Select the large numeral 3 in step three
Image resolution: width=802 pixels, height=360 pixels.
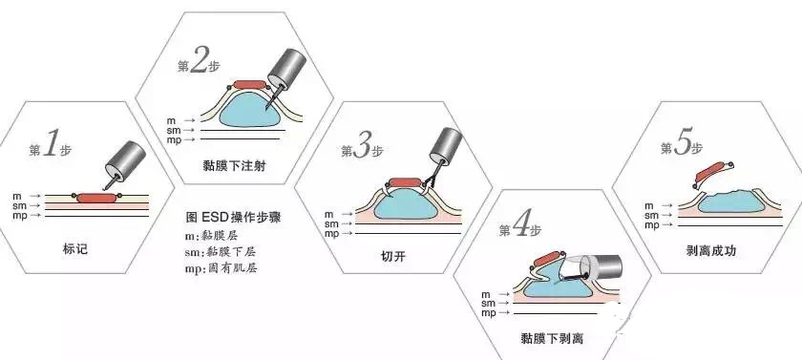pos(362,147)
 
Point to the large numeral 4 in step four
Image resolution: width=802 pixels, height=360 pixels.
pos(520,227)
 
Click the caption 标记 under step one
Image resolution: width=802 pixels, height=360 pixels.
pos(75,249)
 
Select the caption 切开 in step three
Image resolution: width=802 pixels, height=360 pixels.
pos(393,256)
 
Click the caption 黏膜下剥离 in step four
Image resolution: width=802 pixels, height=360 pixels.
pos(552,338)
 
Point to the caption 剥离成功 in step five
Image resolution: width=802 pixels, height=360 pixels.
pos(711,250)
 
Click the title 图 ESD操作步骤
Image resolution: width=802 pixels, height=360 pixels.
pos(233,218)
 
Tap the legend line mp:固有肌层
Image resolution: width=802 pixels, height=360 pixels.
pos(221,267)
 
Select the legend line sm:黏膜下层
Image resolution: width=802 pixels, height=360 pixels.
pos(221,251)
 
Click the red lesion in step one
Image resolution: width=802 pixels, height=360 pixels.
pos(96,198)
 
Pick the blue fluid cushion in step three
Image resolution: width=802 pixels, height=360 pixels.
pos(405,204)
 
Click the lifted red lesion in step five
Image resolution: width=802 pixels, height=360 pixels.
pos(710,172)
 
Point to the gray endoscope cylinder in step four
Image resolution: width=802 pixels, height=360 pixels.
pos(602,266)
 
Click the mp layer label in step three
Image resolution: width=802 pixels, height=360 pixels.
pos(331,234)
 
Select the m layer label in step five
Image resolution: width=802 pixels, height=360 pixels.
pos(649,205)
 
